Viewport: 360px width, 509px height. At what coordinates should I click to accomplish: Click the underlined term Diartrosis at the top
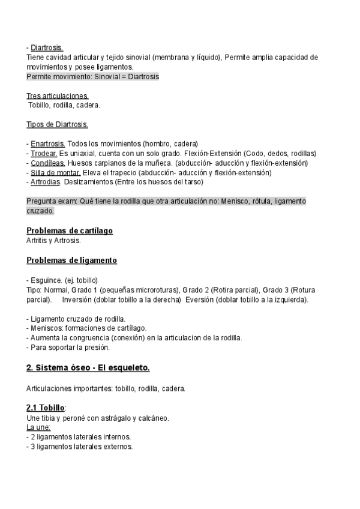pos(47,48)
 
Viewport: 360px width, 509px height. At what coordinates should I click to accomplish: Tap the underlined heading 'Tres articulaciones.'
pos(58,96)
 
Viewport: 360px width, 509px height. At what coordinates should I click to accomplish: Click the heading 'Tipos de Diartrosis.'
pos(58,125)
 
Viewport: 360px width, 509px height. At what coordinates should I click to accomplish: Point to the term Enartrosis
pos(48,144)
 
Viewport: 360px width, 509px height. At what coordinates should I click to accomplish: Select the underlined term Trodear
pos(44,154)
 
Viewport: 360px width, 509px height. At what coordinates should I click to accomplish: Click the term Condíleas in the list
pos(48,163)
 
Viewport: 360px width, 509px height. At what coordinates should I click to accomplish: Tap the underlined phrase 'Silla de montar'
pos(52,173)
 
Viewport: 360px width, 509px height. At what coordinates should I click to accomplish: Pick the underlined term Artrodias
pos(46,182)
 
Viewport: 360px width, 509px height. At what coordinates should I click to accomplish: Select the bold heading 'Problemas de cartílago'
pos(70,230)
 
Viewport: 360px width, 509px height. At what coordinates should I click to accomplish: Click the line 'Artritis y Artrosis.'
pos(53,240)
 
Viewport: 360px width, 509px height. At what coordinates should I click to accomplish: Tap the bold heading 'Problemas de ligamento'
pos(72,260)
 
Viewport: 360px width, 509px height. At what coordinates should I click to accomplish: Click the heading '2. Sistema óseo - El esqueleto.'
pos(88,367)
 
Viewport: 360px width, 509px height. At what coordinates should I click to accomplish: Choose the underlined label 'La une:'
pos(38,427)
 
